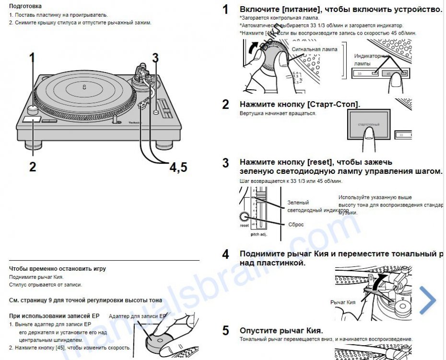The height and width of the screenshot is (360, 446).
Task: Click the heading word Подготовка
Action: coord(25,6)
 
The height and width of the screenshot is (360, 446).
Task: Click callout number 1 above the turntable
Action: coord(33,58)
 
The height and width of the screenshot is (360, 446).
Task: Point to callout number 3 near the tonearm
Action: coord(155,58)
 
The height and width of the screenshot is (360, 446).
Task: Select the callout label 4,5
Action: coord(178,167)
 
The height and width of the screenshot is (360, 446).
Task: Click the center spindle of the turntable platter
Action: coord(84,87)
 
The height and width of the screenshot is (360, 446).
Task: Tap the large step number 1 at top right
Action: coord(225,10)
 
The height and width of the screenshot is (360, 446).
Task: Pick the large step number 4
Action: coord(225,254)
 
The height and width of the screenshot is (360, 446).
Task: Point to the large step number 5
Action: coord(225,331)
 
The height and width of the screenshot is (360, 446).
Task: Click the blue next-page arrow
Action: coord(428,300)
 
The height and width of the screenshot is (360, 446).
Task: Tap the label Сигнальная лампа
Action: coord(314,49)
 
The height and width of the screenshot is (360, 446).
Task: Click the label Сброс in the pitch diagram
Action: coord(296,224)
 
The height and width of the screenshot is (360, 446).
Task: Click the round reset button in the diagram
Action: coord(245,216)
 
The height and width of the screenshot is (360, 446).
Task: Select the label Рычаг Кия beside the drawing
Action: coord(343,302)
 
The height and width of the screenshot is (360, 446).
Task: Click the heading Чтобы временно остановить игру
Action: coord(58,269)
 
